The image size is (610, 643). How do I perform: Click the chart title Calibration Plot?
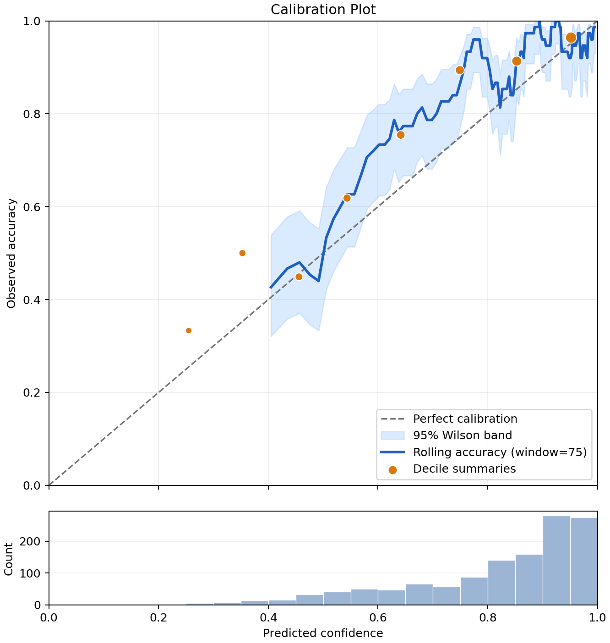click(323, 10)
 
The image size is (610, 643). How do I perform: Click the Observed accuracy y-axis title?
click(11, 253)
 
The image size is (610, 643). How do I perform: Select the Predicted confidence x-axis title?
click(323, 633)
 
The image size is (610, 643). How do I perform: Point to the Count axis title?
click(9, 560)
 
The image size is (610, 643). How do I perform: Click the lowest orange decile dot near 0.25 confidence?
click(188, 330)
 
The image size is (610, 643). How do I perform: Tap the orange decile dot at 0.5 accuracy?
click(242, 253)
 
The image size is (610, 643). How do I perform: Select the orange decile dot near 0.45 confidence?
click(299, 277)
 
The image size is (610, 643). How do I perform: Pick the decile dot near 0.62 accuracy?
click(347, 198)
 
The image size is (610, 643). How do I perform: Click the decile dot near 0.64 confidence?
click(400, 135)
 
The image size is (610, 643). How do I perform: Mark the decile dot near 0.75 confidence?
click(459, 71)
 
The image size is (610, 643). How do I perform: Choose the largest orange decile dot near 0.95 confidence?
click(571, 38)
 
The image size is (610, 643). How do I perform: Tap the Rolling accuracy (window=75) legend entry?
click(484, 452)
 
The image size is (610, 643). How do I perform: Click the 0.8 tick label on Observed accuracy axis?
click(32, 114)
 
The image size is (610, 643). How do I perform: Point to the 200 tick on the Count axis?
click(30, 541)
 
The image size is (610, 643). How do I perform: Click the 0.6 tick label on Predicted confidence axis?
click(378, 617)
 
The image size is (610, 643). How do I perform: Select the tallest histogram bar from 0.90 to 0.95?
click(556, 560)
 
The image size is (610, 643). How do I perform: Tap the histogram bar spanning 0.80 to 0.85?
click(501, 583)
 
